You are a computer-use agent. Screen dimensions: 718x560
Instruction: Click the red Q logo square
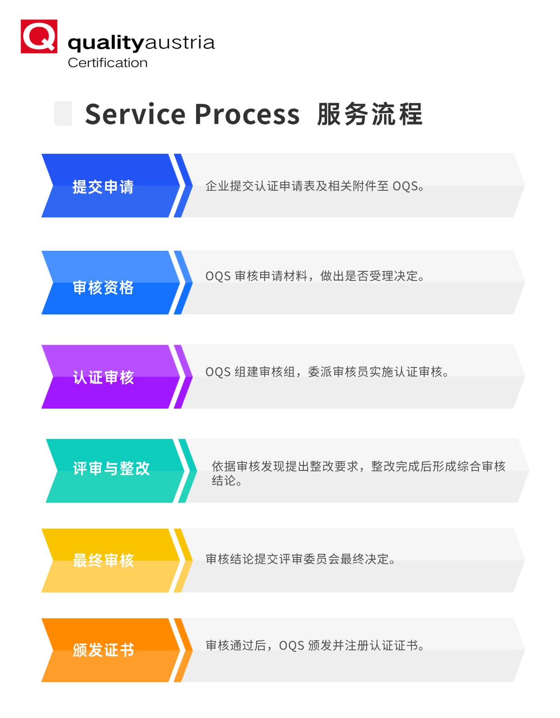click(x=39, y=37)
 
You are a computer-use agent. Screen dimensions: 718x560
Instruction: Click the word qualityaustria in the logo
click(x=141, y=43)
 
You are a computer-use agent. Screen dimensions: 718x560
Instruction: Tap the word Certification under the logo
click(x=107, y=63)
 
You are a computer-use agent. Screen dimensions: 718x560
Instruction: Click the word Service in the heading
click(x=135, y=114)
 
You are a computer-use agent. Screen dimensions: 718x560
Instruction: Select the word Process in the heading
click(x=247, y=114)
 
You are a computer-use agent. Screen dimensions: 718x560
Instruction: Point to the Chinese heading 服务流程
click(x=370, y=114)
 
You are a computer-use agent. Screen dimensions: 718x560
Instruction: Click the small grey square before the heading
click(x=63, y=114)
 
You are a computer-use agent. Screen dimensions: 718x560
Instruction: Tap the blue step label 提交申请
click(x=103, y=187)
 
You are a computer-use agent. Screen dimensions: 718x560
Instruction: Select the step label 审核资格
click(x=103, y=287)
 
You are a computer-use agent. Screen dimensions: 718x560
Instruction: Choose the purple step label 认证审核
click(x=103, y=377)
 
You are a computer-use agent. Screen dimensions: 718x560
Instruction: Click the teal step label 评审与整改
click(x=111, y=468)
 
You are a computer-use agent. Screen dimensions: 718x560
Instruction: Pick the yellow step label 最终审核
click(x=103, y=560)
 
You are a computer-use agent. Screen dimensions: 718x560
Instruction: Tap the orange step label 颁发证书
click(x=103, y=650)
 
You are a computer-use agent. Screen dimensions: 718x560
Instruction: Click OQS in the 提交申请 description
click(x=405, y=186)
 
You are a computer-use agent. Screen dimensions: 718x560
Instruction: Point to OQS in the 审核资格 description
click(x=218, y=276)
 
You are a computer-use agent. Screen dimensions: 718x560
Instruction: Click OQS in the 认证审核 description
click(x=218, y=372)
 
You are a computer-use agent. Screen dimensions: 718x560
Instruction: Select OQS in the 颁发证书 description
click(x=291, y=646)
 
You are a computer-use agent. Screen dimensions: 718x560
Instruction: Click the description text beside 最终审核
click(x=300, y=559)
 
